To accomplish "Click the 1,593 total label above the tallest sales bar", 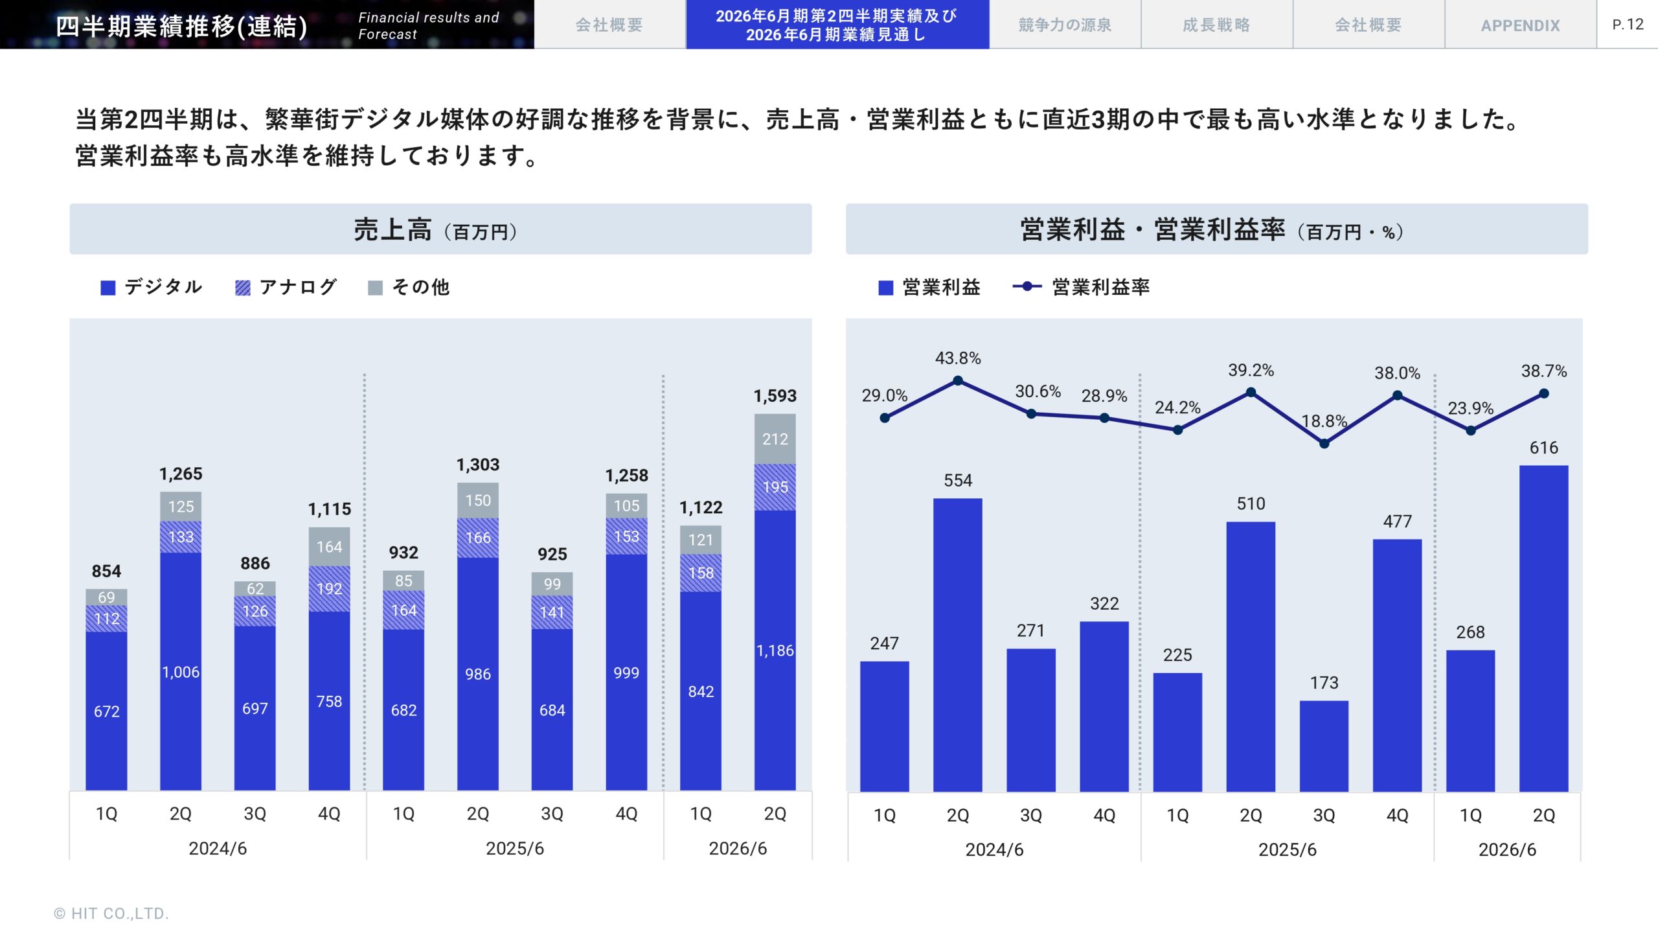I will pos(775,396).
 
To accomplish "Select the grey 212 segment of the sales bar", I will pos(775,439).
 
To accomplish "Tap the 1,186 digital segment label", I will pos(775,651).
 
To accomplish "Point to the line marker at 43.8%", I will pos(958,381).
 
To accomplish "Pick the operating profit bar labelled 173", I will pos(1324,745).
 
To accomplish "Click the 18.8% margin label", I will pos(1324,421).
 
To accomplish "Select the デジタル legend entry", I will pos(152,287).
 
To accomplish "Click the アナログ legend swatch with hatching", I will pos(243,288).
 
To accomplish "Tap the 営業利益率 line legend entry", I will pos(1082,287).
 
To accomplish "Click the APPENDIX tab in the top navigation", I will pos(1520,25).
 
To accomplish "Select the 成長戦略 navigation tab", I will pos(1216,25).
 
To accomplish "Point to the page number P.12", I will pos(1628,25).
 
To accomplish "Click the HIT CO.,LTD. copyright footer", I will pos(111,914).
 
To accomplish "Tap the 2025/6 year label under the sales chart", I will pos(515,848).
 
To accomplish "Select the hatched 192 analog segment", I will pos(329,588).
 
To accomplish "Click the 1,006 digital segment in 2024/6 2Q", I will pos(181,672).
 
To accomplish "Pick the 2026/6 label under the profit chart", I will pos(1507,849).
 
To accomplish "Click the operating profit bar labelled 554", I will pos(957,645).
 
